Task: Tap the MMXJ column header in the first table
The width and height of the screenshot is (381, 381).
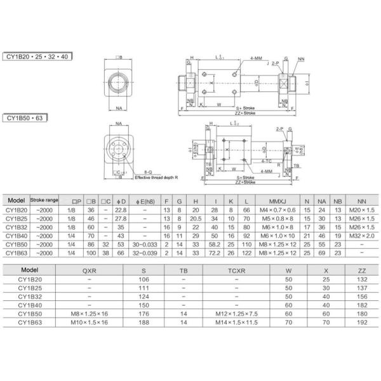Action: [277, 201]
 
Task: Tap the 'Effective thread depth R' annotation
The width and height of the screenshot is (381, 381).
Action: [156, 177]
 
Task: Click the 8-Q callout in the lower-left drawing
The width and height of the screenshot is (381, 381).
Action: [147, 172]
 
